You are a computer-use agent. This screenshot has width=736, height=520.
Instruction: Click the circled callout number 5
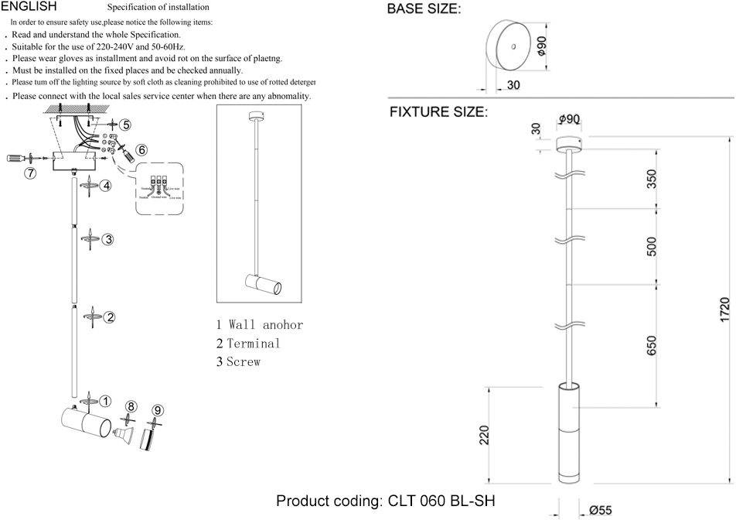click(125, 125)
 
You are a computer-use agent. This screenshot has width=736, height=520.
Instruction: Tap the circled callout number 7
click(30, 173)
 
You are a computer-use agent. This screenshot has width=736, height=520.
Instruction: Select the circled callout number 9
click(157, 410)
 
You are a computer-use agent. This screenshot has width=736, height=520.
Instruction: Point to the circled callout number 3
click(109, 239)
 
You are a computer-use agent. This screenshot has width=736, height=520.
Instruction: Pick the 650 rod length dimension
click(652, 346)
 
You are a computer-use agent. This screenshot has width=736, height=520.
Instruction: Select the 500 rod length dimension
click(652, 246)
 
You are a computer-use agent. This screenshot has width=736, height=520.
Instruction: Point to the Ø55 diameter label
click(600, 510)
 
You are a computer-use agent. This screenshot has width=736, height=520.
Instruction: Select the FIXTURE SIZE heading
click(438, 112)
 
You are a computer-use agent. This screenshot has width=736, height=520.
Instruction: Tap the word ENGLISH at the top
click(29, 6)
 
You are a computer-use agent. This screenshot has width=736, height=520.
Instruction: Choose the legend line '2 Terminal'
click(248, 343)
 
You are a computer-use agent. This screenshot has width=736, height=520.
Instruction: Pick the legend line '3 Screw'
click(238, 361)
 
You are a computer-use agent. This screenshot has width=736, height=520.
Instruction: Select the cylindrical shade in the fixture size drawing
click(571, 433)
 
